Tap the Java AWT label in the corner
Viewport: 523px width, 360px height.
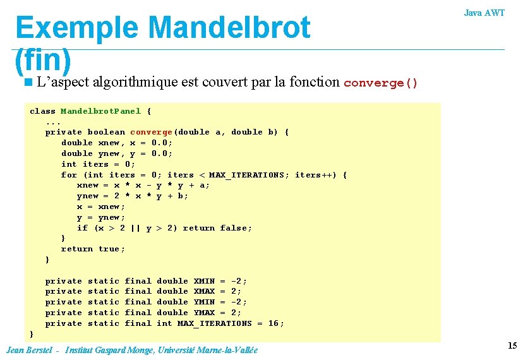[x=484, y=13]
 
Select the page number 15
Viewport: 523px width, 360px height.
[x=512, y=345]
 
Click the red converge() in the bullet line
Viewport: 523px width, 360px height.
[x=381, y=83]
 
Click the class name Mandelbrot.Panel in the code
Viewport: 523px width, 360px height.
[x=100, y=111]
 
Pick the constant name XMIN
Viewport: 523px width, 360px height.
[x=204, y=281]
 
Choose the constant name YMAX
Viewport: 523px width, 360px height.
[x=204, y=313]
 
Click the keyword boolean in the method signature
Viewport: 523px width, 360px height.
[x=105, y=132]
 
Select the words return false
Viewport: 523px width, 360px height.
[x=217, y=228]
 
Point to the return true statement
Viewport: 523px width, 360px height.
[x=92, y=249]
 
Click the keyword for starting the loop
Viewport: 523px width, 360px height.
[x=69, y=175]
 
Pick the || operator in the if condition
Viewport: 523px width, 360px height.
[x=136, y=228]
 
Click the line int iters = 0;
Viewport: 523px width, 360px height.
[x=98, y=164]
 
